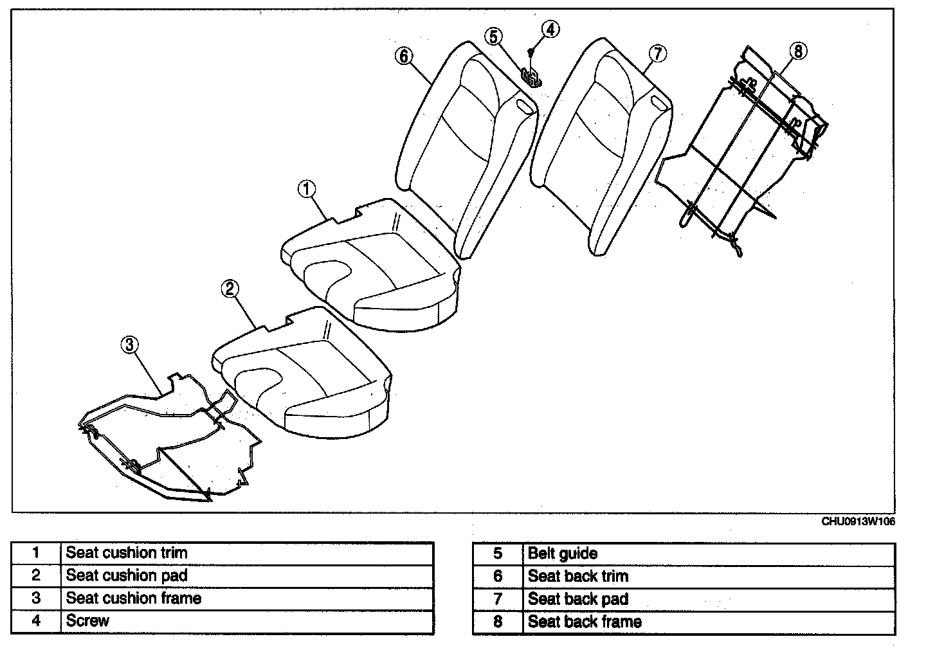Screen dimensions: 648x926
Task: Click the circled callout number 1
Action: pyautogui.click(x=307, y=189)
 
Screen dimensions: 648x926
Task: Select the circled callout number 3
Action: pyautogui.click(x=129, y=345)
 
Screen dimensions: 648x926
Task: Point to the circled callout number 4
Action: pyautogui.click(x=550, y=29)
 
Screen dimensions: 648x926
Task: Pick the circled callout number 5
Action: pyautogui.click(x=493, y=36)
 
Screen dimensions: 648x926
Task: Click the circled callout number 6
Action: pyautogui.click(x=404, y=56)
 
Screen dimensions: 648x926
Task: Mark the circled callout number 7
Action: pyautogui.click(x=657, y=53)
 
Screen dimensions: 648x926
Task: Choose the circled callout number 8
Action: pyautogui.click(x=797, y=51)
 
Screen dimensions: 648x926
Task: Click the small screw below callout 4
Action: pyautogui.click(x=531, y=51)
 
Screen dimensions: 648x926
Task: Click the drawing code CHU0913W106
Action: pyautogui.click(x=858, y=521)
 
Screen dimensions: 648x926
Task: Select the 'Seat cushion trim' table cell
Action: pyautogui.click(x=127, y=552)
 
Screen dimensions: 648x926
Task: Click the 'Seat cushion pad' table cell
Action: pyautogui.click(x=127, y=575)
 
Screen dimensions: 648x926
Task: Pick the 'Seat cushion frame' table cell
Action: pyautogui.click(x=134, y=598)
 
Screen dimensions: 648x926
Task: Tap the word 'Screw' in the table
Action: pyautogui.click(x=87, y=621)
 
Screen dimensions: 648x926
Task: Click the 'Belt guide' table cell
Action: pyautogui.click(x=563, y=553)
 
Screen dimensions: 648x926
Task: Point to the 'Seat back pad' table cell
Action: pyautogui.click(x=578, y=599)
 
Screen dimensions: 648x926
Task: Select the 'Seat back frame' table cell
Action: pyautogui.click(x=585, y=622)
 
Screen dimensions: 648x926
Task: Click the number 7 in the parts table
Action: pyautogui.click(x=497, y=599)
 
